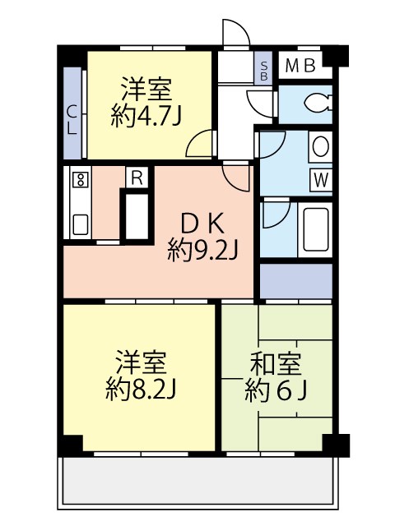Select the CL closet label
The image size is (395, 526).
[x=72, y=120]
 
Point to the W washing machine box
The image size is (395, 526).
[x=320, y=179]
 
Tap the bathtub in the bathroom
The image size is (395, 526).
[x=316, y=229]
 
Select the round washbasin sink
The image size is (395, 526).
[x=320, y=147]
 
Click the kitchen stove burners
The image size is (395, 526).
[x=81, y=181]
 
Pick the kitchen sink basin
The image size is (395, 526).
[x=81, y=223]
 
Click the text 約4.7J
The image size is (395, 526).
[x=146, y=115]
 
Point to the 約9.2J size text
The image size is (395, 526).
[x=202, y=248]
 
